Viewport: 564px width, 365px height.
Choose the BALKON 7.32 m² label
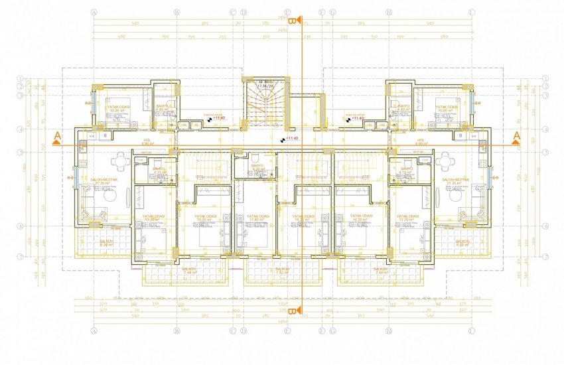[283, 271]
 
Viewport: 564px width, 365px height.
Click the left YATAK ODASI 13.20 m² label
[154, 218]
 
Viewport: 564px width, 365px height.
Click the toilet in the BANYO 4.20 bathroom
[255, 157]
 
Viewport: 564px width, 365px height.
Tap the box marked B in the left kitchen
[106, 135]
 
